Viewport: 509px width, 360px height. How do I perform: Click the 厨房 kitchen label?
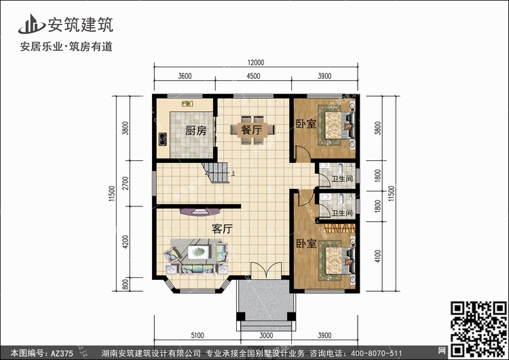(195, 130)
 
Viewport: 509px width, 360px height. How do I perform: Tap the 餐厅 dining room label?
(252, 130)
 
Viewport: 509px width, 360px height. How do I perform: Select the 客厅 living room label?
(223, 229)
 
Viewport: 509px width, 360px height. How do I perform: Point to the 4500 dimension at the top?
(253, 76)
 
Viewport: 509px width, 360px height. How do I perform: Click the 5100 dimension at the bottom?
(197, 336)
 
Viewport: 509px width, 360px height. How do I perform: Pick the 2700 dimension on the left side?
(126, 183)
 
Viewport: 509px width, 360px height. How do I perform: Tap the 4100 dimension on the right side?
(377, 256)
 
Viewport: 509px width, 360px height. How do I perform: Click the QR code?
(478, 329)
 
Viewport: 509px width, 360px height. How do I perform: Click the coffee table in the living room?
(199, 252)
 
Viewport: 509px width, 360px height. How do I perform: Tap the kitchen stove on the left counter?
(163, 139)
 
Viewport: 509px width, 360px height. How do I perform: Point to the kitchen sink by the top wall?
(187, 104)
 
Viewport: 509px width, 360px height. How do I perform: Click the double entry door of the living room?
(266, 270)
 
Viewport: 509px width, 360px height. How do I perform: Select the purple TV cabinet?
(201, 211)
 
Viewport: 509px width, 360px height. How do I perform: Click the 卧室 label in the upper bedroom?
(306, 124)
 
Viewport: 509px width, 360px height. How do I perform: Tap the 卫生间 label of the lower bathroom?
(342, 213)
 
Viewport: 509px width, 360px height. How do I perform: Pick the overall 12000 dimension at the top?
(256, 62)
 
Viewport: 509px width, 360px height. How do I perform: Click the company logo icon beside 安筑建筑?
(31, 24)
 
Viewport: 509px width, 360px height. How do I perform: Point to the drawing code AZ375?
(62, 353)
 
